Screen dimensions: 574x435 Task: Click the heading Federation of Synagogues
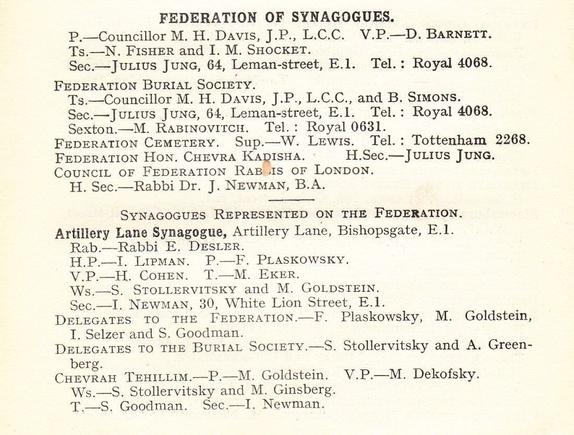[277, 18]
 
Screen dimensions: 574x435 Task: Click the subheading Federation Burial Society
[154, 83]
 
